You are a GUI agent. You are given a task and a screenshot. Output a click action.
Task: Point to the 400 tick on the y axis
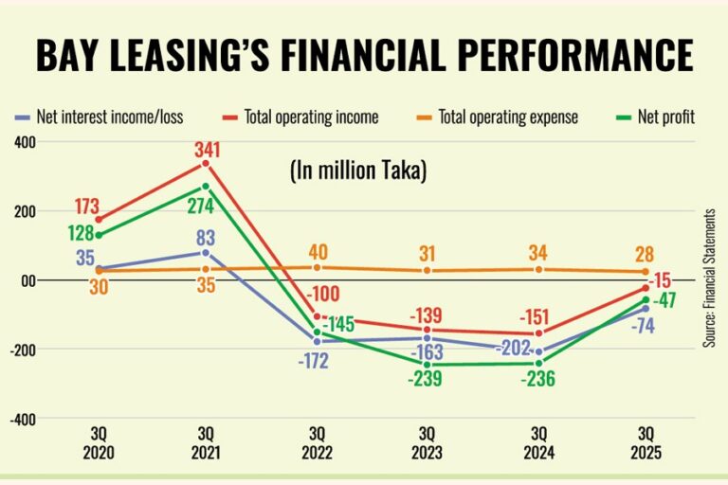pyautogui.click(x=24, y=142)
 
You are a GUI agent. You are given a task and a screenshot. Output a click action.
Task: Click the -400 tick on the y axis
pyautogui.click(x=22, y=418)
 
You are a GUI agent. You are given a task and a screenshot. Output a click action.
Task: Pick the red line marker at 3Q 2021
pyautogui.click(x=206, y=165)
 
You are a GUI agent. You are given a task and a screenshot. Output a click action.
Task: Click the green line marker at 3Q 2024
pyautogui.click(x=538, y=363)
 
